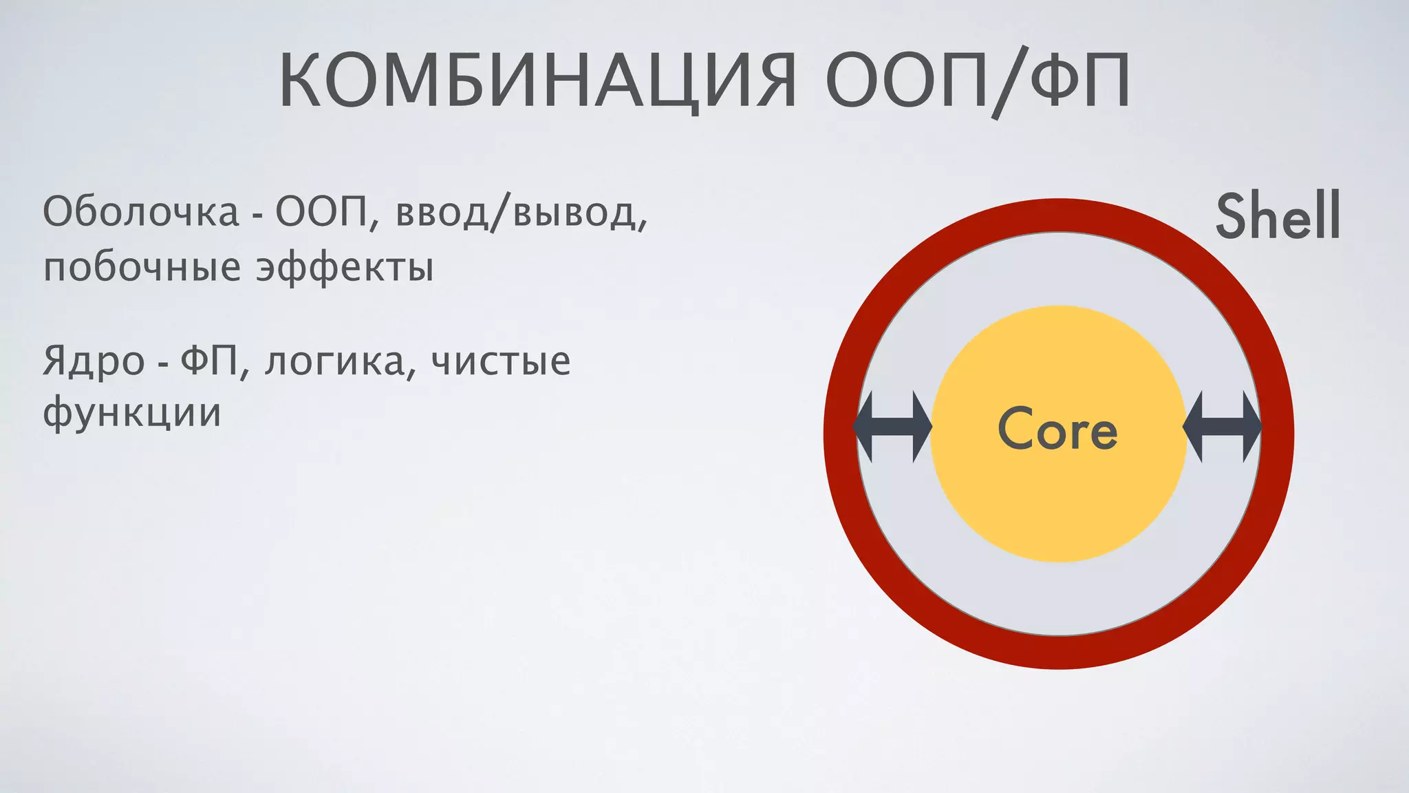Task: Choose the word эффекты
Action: click(345, 268)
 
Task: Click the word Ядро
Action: click(94, 361)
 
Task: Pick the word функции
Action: click(132, 413)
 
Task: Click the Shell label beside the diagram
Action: click(1278, 216)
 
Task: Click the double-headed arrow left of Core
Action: click(892, 427)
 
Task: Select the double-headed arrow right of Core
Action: click(1222, 427)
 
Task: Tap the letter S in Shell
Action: click(1232, 216)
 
